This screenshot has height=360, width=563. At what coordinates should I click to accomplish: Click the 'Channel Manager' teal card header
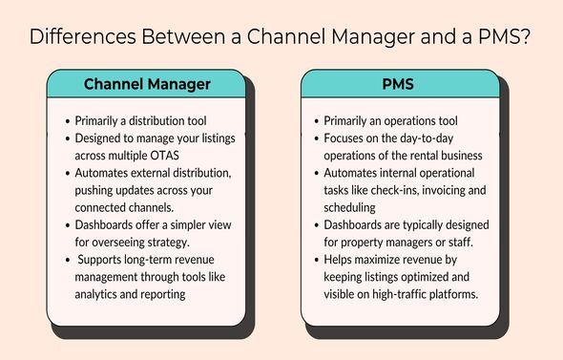pos(147,84)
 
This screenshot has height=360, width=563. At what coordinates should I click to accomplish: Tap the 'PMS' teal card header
pos(400,84)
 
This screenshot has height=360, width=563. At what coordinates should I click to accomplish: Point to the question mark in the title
pos(526,38)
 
